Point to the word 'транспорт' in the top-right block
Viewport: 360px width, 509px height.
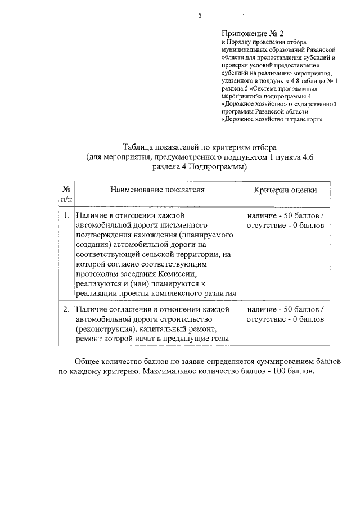307,120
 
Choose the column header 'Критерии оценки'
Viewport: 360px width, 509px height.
285,191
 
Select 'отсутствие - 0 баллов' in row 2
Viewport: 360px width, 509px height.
285,319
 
